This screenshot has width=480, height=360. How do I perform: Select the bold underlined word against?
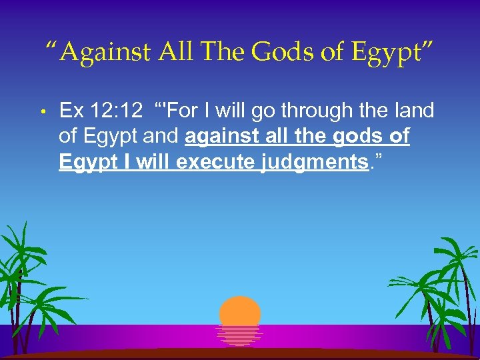(x=224, y=137)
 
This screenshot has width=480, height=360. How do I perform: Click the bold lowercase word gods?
(x=361, y=137)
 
